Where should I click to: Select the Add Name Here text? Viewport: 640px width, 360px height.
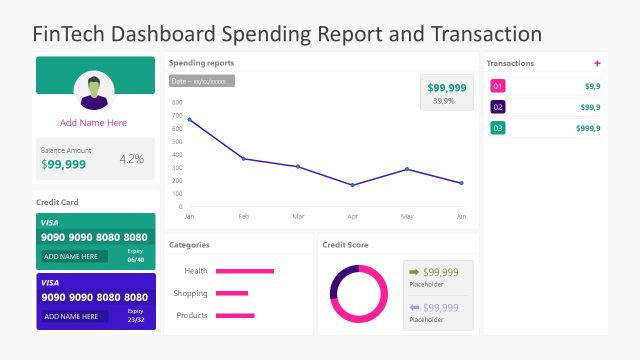(x=94, y=123)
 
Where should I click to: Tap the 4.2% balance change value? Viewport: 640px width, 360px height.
(x=131, y=159)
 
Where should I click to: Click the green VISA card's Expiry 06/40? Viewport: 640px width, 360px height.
(x=135, y=256)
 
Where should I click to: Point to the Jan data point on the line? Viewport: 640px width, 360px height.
(x=189, y=120)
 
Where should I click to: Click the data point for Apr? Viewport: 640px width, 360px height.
(x=352, y=185)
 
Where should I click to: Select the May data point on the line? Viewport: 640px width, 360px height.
(x=406, y=169)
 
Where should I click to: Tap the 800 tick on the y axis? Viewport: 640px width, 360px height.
(x=177, y=102)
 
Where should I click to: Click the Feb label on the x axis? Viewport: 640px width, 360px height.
(x=243, y=216)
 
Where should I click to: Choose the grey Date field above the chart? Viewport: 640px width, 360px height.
(x=202, y=80)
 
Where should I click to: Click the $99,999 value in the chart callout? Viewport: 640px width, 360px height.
(x=447, y=88)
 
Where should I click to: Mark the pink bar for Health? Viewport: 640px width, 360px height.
(x=245, y=271)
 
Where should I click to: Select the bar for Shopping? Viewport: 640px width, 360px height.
(x=232, y=293)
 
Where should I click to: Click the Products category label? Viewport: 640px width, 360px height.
(x=192, y=316)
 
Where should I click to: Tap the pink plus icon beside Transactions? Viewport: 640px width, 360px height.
(x=597, y=63)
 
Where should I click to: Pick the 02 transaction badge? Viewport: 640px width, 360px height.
(x=498, y=107)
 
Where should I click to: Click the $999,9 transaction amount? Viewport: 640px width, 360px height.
(x=588, y=128)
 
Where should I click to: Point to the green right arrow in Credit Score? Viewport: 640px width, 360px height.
(x=414, y=272)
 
